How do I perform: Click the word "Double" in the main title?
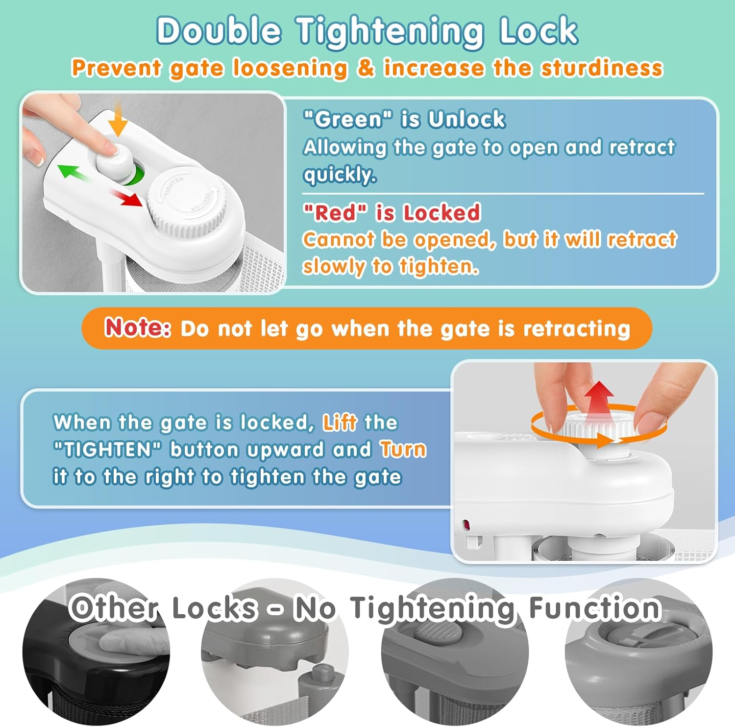point(219,30)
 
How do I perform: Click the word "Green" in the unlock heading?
point(348,119)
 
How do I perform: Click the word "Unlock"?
point(466,119)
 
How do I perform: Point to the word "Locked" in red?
point(441,213)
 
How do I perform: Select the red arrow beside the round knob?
point(126,197)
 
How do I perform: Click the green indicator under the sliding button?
point(135,174)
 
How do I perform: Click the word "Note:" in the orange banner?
point(138,327)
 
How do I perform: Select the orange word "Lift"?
point(340,423)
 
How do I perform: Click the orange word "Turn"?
point(403,450)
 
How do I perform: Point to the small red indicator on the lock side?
point(466,526)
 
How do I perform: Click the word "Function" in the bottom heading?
point(595,608)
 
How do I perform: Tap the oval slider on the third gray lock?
point(439,633)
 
